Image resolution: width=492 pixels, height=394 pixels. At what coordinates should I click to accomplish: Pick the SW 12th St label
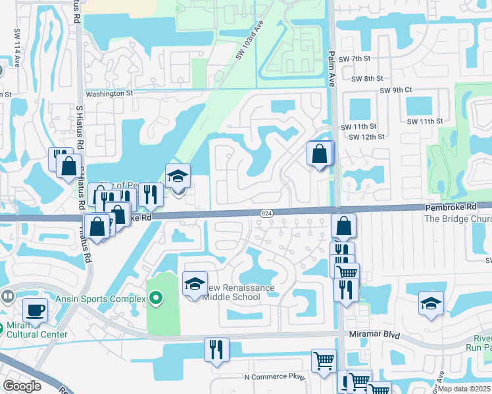366,137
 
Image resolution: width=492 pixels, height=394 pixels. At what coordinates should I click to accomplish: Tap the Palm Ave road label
332,68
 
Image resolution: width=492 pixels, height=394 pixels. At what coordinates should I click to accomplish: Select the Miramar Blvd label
374,334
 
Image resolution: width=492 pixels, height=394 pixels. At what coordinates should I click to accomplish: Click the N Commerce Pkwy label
275,376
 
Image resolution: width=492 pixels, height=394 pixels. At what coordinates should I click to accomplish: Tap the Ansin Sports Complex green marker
155,299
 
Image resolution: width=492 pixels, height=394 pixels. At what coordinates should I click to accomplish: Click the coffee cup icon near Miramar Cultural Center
35,309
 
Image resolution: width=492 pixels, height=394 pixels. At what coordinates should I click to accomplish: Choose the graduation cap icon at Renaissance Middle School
194,284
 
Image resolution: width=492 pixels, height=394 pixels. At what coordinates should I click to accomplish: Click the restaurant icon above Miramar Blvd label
216,349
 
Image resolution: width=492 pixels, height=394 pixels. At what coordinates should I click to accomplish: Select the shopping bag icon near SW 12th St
319,154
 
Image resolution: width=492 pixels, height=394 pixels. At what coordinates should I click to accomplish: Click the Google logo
22,386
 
